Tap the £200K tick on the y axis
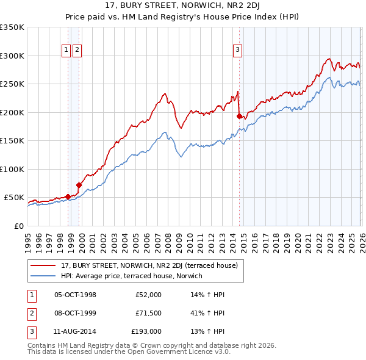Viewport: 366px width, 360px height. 12,112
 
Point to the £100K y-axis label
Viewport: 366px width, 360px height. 12,169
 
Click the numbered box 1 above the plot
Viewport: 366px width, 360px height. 66,51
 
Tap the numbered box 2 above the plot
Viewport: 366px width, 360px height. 77,51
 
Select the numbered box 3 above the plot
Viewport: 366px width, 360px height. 237,51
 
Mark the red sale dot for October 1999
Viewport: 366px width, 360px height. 79,185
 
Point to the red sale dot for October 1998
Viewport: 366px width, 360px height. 68,196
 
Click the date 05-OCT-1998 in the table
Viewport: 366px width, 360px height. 75,295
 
